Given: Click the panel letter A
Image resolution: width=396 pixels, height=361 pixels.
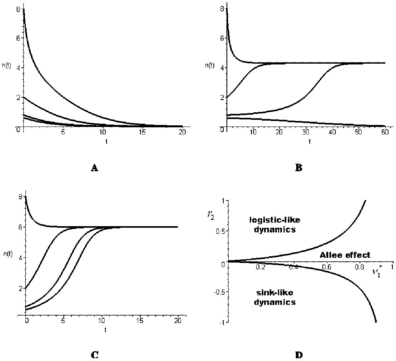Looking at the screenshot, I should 94,168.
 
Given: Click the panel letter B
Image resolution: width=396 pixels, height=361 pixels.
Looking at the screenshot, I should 299,168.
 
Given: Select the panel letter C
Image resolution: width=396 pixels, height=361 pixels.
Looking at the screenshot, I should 95,355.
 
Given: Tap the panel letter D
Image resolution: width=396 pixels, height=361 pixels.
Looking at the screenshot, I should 299,355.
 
